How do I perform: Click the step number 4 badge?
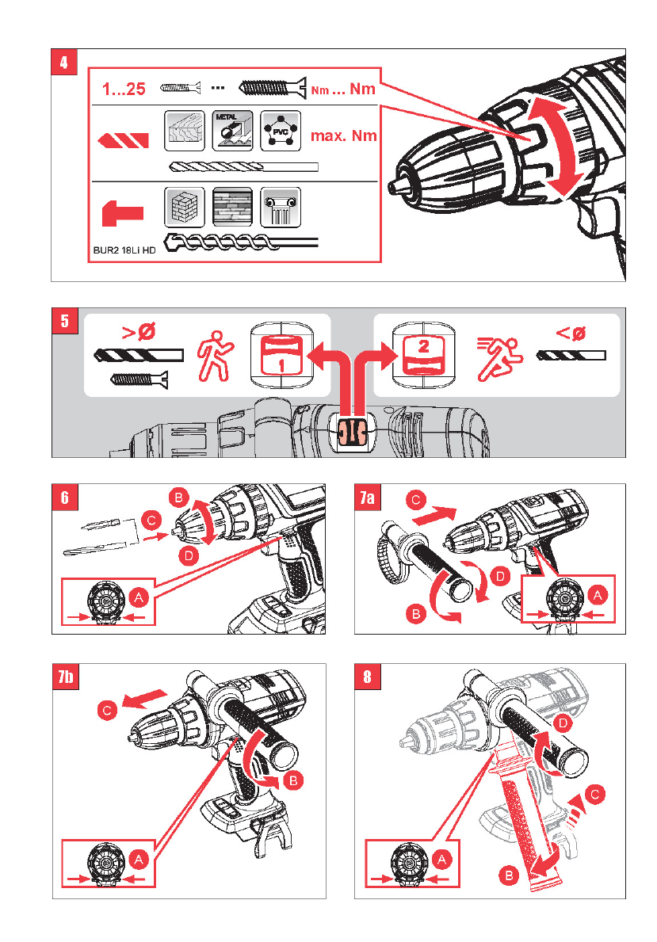(63, 61)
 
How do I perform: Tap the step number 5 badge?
(63, 320)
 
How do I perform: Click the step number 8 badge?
(365, 677)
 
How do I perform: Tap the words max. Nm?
(343, 135)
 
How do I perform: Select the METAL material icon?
(231, 131)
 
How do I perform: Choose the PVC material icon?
(281, 131)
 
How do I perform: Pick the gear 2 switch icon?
(424, 353)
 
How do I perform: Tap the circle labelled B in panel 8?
(510, 875)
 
